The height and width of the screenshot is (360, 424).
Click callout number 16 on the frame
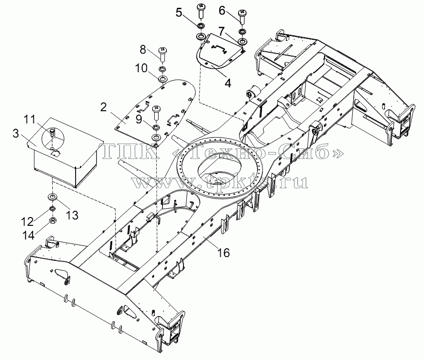click(x=223, y=253)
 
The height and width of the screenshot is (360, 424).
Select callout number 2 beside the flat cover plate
click(x=103, y=108)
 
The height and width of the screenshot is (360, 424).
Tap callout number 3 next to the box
click(x=16, y=133)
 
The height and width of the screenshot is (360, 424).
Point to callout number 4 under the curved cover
click(x=228, y=83)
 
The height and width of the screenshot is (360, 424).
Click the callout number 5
click(x=179, y=13)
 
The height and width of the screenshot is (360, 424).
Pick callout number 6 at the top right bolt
click(x=222, y=11)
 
